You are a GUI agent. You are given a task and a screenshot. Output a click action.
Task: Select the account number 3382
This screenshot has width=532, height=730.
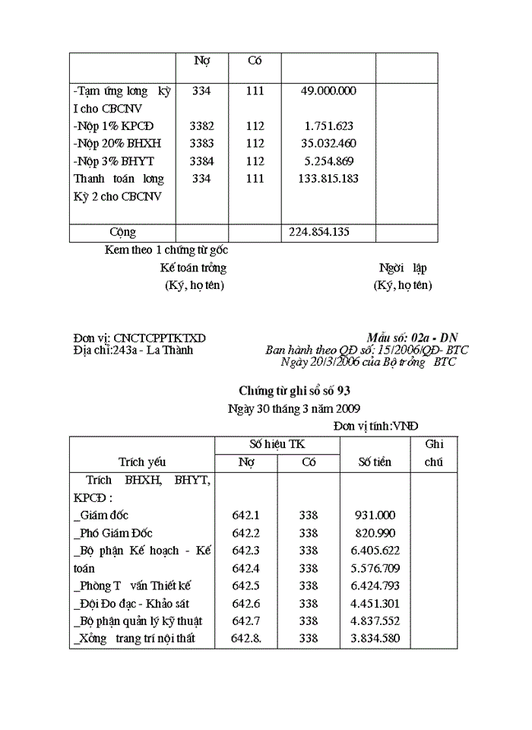coord(201,126)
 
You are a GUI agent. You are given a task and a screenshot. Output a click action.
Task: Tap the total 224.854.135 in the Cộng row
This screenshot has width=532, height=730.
coord(319,232)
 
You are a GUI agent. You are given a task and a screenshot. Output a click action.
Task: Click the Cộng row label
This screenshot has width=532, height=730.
coord(122,232)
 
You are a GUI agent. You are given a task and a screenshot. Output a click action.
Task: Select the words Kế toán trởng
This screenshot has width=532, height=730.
coord(193,268)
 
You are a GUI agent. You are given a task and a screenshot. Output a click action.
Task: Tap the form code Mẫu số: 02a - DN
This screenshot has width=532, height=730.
coord(412,338)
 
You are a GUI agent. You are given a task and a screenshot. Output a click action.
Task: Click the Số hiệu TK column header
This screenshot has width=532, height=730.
coord(277,444)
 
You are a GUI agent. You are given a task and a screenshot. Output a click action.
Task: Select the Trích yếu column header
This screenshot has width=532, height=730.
coord(142,462)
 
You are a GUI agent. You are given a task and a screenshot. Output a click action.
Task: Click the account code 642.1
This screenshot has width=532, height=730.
coord(245,516)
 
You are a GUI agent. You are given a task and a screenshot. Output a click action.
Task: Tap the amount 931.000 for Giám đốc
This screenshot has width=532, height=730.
coord(375,516)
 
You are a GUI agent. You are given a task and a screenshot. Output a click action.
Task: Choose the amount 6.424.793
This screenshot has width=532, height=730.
coord(377,586)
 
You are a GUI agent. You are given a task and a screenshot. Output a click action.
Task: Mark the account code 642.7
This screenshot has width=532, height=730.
coord(245,620)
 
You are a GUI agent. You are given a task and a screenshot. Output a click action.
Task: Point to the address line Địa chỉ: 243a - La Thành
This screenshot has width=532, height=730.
coord(134,350)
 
